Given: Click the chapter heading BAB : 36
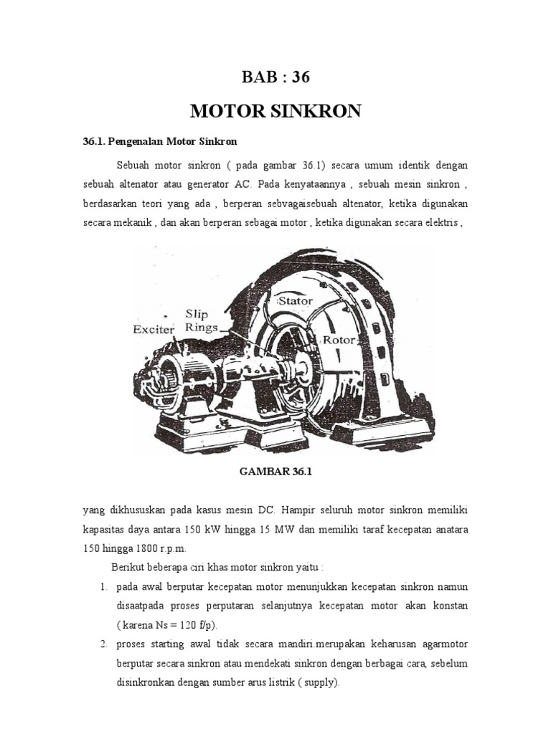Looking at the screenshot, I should coord(276,77).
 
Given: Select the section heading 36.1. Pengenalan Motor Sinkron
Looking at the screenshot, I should coord(160,141).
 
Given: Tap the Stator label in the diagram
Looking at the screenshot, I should coord(296,300).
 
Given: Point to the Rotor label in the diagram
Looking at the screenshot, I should coord(338,339).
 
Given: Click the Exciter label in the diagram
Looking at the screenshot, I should coord(154,330).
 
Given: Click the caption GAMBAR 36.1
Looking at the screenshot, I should coord(275,472).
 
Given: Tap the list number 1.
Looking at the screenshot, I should coord(104,587).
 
